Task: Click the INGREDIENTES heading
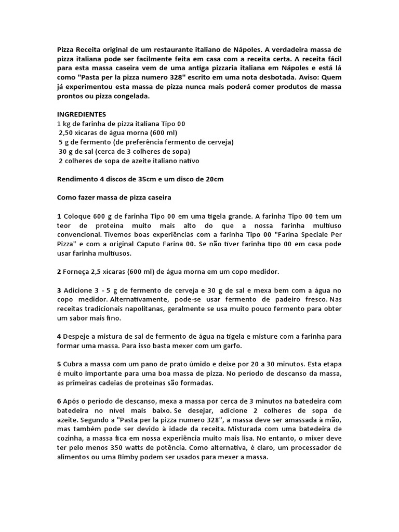click(82, 114)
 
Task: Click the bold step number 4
click(59, 337)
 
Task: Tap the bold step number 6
click(59, 401)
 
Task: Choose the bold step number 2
click(59, 272)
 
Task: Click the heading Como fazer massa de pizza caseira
click(114, 198)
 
